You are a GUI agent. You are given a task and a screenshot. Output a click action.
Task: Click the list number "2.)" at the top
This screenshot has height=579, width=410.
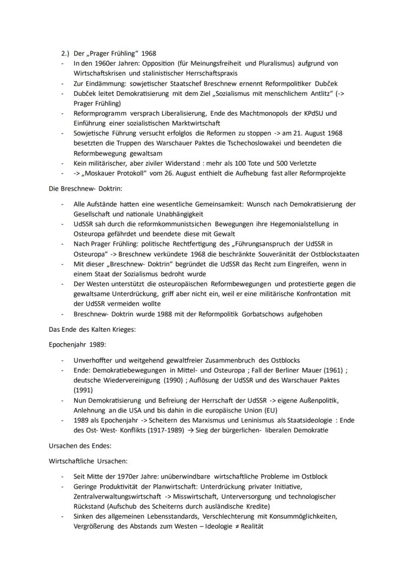pyautogui.click(x=64, y=53)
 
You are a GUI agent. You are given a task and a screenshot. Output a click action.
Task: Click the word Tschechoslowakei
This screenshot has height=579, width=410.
pyautogui.click(x=258, y=143)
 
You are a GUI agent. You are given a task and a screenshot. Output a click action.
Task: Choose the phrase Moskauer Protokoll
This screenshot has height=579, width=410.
pyautogui.click(x=112, y=173)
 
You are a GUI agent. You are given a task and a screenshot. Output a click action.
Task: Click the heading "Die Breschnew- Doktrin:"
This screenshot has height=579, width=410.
pyautogui.click(x=82, y=188)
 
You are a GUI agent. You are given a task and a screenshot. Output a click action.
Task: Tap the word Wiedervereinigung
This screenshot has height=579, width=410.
pyautogui.click(x=127, y=380)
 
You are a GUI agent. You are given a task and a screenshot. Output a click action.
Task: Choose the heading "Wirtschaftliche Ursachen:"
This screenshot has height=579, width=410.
pyautogui.click(x=88, y=461)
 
